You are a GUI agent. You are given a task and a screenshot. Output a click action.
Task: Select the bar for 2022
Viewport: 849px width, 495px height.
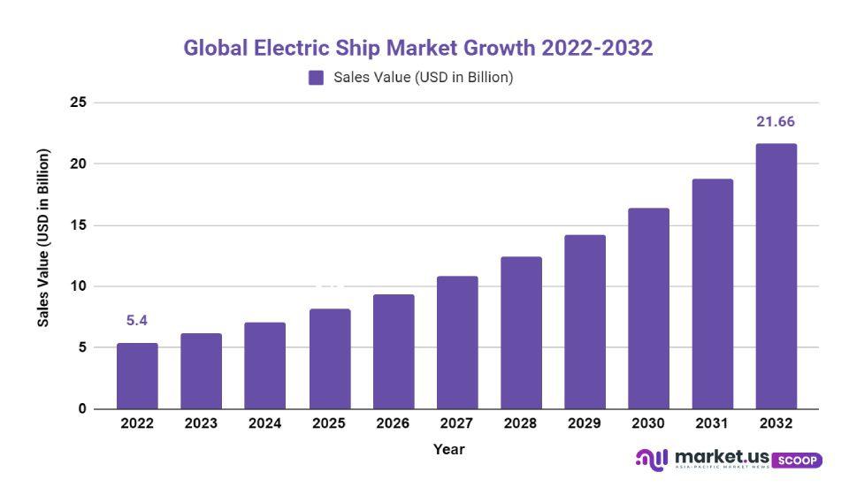tap(137, 376)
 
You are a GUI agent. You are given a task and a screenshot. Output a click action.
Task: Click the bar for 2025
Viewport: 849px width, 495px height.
tap(329, 359)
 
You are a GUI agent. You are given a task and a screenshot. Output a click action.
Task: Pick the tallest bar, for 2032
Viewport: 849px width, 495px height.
tap(776, 276)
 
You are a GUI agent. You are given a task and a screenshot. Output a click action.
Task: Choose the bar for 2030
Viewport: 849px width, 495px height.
tap(648, 308)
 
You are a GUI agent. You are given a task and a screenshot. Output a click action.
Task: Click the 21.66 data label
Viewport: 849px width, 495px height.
tap(776, 122)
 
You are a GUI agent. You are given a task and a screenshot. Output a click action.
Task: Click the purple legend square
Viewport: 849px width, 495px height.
tap(316, 78)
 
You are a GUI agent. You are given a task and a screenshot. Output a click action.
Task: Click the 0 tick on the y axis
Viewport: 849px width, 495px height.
tap(82, 409)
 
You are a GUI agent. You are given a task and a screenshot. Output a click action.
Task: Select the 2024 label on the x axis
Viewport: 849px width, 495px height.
tap(264, 423)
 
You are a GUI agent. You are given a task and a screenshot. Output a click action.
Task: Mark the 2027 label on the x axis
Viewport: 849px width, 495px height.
tap(456, 423)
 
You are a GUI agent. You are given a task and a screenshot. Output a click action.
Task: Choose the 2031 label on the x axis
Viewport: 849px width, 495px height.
tap(712, 423)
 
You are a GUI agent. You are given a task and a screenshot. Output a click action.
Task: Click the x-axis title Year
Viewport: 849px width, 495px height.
tap(448, 449)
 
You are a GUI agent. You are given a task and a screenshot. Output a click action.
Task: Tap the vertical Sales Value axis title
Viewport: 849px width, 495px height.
tap(43, 238)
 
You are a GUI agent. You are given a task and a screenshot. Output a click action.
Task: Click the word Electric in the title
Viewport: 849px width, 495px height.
tap(289, 48)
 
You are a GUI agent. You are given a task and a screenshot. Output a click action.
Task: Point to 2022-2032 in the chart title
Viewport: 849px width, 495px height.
tap(597, 48)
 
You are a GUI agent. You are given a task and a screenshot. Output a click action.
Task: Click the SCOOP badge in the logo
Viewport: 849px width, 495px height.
tap(797, 461)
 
